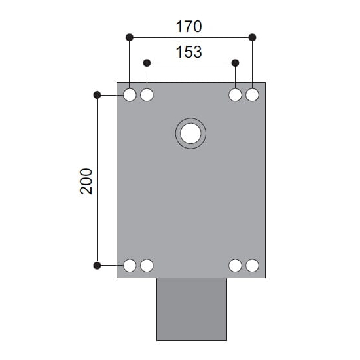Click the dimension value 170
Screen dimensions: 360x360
click(189, 27)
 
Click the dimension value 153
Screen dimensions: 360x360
click(189, 52)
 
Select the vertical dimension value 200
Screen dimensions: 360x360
click(86, 181)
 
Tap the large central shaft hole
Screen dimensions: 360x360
click(190, 134)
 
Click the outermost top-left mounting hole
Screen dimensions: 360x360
click(130, 95)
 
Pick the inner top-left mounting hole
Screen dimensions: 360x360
click(147, 95)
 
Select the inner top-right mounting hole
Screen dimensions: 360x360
click(236, 95)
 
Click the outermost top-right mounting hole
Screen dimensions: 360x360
click(253, 95)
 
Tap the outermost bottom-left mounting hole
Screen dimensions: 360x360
click(130, 265)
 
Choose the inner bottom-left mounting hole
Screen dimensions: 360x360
click(147, 265)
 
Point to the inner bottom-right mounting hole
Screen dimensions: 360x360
click(236, 265)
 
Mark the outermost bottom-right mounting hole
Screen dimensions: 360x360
click(253, 265)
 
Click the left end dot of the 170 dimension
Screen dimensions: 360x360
click(130, 37)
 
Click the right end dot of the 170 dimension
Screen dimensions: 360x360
click(253, 37)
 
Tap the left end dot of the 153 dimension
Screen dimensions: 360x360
click(147, 62)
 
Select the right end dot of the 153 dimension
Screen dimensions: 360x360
click(236, 62)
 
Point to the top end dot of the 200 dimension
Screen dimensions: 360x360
click(98, 95)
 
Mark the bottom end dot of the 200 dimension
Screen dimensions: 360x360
click(98, 265)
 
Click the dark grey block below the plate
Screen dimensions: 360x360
click(191, 309)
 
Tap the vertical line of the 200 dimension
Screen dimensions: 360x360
click(98, 216)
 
